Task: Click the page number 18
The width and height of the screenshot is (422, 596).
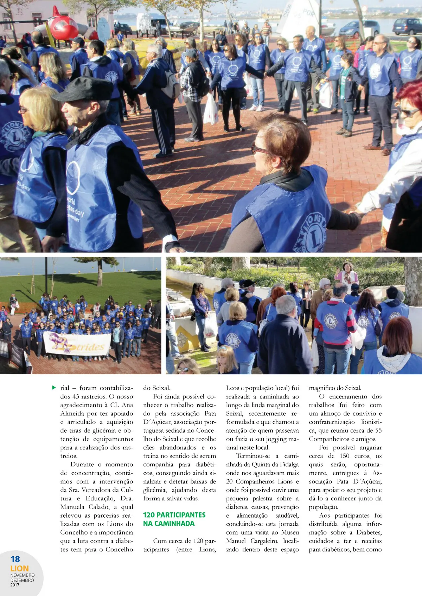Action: (x=15, y=559)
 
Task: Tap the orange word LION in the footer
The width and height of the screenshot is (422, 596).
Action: (x=20, y=569)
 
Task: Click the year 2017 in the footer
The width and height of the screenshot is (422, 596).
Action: (x=15, y=585)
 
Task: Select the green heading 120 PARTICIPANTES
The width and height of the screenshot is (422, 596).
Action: (x=174, y=515)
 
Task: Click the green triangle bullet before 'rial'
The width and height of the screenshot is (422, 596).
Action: (x=54, y=388)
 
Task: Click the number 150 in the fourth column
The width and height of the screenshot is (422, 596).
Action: (x=344, y=456)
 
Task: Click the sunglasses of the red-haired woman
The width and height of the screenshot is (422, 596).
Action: (x=407, y=112)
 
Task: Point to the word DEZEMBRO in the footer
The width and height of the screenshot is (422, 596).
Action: (x=22, y=580)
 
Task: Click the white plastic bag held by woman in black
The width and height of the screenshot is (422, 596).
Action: (x=211, y=110)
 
